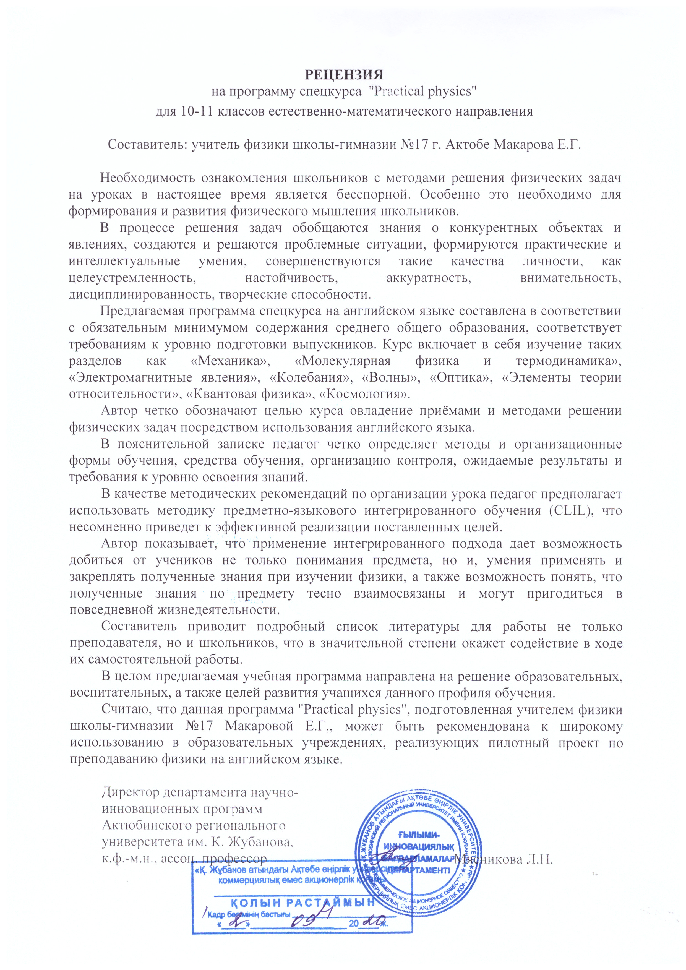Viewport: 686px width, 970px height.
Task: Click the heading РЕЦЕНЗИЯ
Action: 344,74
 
